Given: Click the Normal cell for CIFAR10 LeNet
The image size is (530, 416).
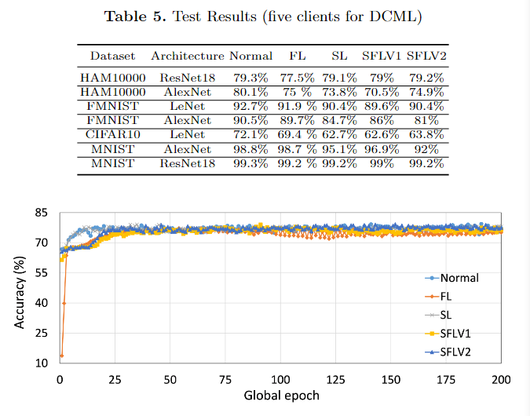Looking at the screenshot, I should click(250, 135).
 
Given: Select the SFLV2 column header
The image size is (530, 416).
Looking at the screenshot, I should click(425, 56).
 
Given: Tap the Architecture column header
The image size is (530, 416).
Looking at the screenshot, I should click(187, 56).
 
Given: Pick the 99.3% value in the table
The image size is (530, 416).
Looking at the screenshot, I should click(250, 163).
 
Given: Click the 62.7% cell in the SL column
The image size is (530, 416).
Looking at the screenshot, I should click(339, 135).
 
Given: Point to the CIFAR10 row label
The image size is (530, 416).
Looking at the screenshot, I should click(110, 135).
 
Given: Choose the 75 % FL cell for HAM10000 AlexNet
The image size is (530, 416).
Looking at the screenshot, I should click(296, 92).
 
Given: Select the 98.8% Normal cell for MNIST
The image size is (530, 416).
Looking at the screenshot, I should click(250, 149).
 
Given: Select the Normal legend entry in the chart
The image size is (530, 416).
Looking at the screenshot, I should click(459, 278).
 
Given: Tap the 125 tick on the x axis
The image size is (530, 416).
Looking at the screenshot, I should click(336, 381).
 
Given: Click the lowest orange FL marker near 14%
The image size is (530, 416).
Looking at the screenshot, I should click(61, 356).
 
